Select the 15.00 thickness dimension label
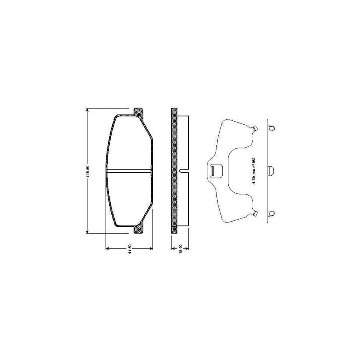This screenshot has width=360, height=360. tap(180, 249)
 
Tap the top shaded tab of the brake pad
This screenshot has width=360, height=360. tap(138, 112)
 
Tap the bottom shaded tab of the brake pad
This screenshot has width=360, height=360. tap(138, 230)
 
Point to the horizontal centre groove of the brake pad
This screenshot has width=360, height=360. tap(130, 171)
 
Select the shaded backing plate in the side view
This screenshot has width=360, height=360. tap(174, 171)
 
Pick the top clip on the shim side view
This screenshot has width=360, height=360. tap(271, 128)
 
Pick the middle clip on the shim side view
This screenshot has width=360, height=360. tap(271, 171)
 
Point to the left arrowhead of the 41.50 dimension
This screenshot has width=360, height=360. tap(107, 249)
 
